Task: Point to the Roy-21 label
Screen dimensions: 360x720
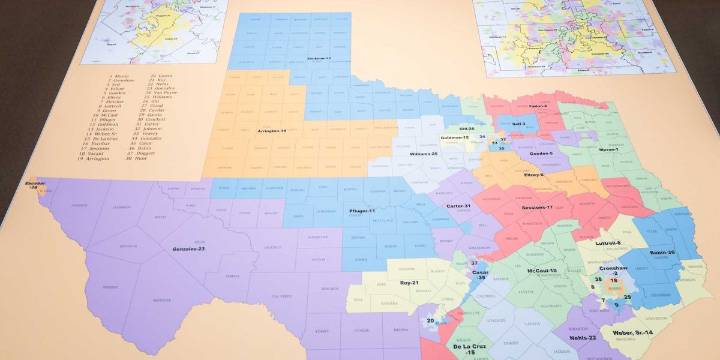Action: tap(408, 283)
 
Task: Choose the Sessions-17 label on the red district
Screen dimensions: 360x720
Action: tap(537, 206)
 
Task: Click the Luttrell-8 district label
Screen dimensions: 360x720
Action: tap(609, 243)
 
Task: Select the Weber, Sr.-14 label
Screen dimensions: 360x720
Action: tap(658, 329)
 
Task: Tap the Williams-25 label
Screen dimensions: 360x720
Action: tap(422, 155)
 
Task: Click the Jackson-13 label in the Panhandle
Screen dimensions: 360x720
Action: tap(319, 59)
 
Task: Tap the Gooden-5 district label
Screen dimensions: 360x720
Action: tap(540, 153)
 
